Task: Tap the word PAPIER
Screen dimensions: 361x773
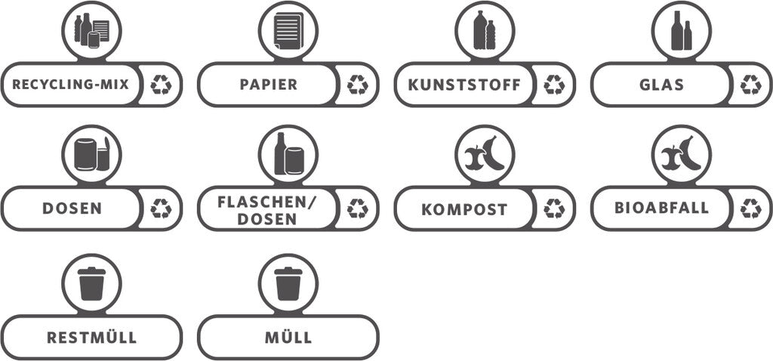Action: (x=268, y=85)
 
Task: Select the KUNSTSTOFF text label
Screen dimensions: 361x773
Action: (x=464, y=85)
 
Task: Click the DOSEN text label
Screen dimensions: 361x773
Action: (x=72, y=208)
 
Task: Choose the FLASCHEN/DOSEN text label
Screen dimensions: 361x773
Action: (x=266, y=210)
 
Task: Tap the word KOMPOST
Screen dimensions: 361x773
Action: (x=464, y=209)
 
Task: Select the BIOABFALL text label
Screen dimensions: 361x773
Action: (x=661, y=208)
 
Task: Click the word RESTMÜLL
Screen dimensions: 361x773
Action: (x=91, y=337)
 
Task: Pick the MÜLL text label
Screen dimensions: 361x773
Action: (x=288, y=337)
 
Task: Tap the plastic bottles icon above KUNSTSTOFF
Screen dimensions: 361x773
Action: (x=485, y=31)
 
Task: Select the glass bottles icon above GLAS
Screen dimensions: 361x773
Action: (x=681, y=31)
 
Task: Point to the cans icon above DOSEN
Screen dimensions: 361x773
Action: (x=91, y=155)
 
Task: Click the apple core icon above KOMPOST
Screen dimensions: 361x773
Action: (x=485, y=155)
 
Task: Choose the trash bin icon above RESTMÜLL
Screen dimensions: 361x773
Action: (x=91, y=283)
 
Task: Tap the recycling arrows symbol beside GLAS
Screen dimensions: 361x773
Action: (x=751, y=85)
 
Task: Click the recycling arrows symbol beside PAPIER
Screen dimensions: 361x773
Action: (x=358, y=85)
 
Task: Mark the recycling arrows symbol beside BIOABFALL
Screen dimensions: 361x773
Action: (x=751, y=208)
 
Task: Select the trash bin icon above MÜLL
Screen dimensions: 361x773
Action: (x=288, y=283)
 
